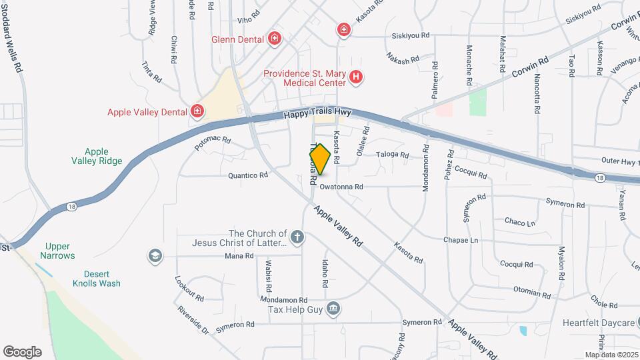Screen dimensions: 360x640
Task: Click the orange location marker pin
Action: (x=320, y=159)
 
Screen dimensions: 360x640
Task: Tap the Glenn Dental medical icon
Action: (x=274, y=39)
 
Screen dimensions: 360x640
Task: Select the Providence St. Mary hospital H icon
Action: (x=356, y=78)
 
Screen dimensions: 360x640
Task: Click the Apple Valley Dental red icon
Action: (x=197, y=111)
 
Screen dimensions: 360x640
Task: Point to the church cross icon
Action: (x=297, y=236)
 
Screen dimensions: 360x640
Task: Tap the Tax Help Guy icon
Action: (x=334, y=309)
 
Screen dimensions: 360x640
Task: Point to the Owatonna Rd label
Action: (x=341, y=187)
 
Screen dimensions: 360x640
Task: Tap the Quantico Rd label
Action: (x=247, y=175)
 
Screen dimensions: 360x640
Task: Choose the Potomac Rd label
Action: (x=213, y=141)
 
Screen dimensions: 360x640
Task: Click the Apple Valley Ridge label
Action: (x=97, y=156)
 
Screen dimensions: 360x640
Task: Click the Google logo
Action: (x=22, y=351)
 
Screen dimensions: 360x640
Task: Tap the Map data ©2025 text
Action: (x=611, y=355)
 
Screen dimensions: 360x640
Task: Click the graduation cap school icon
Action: (x=155, y=256)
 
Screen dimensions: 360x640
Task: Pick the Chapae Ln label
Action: (x=461, y=240)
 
